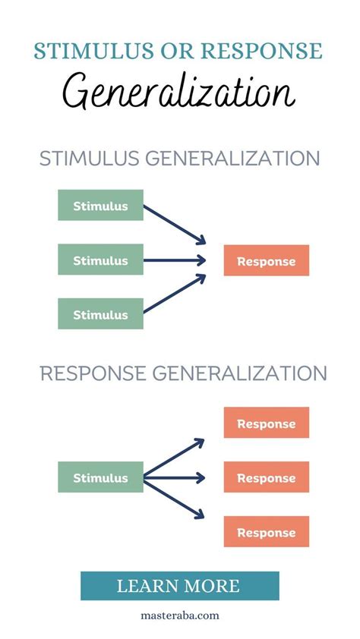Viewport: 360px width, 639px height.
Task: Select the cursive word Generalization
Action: pyautogui.click(x=179, y=94)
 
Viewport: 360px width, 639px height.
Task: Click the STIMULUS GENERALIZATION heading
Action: pyautogui.click(x=179, y=159)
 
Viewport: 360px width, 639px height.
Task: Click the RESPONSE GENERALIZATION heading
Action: pyautogui.click(x=183, y=373)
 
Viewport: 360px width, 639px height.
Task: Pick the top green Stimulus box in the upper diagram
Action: pyautogui.click(x=100, y=206)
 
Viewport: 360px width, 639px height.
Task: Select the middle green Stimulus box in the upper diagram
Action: pyautogui.click(x=100, y=260)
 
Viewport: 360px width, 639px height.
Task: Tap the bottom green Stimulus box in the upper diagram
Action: pyautogui.click(x=100, y=314)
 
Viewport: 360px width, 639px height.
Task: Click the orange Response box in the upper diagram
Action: pyautogui.click(x=266, y=261)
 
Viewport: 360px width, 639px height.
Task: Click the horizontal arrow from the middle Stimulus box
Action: pyautogui.click(x=175, y=260)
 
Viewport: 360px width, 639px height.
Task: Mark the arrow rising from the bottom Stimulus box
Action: pyautogui.click(x=175, y=294)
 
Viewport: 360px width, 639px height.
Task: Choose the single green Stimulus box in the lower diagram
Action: pyautogui.click(x=100, y=477)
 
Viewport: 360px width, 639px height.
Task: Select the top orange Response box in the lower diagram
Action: pyautogui.click(x=266, y=423)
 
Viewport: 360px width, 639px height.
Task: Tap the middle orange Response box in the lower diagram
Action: pyautogui.click(x=266, y=478)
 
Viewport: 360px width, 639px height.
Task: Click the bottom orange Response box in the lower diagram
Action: pyautogui.click(x=266, y=532)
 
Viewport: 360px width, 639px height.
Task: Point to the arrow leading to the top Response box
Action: pyautogui.click(x=175, y=458)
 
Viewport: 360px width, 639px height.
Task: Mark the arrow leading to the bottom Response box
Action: pyautogui.click(x=175, y=498)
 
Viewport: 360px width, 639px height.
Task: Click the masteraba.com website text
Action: pyautogui.click(x=179, y=616)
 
